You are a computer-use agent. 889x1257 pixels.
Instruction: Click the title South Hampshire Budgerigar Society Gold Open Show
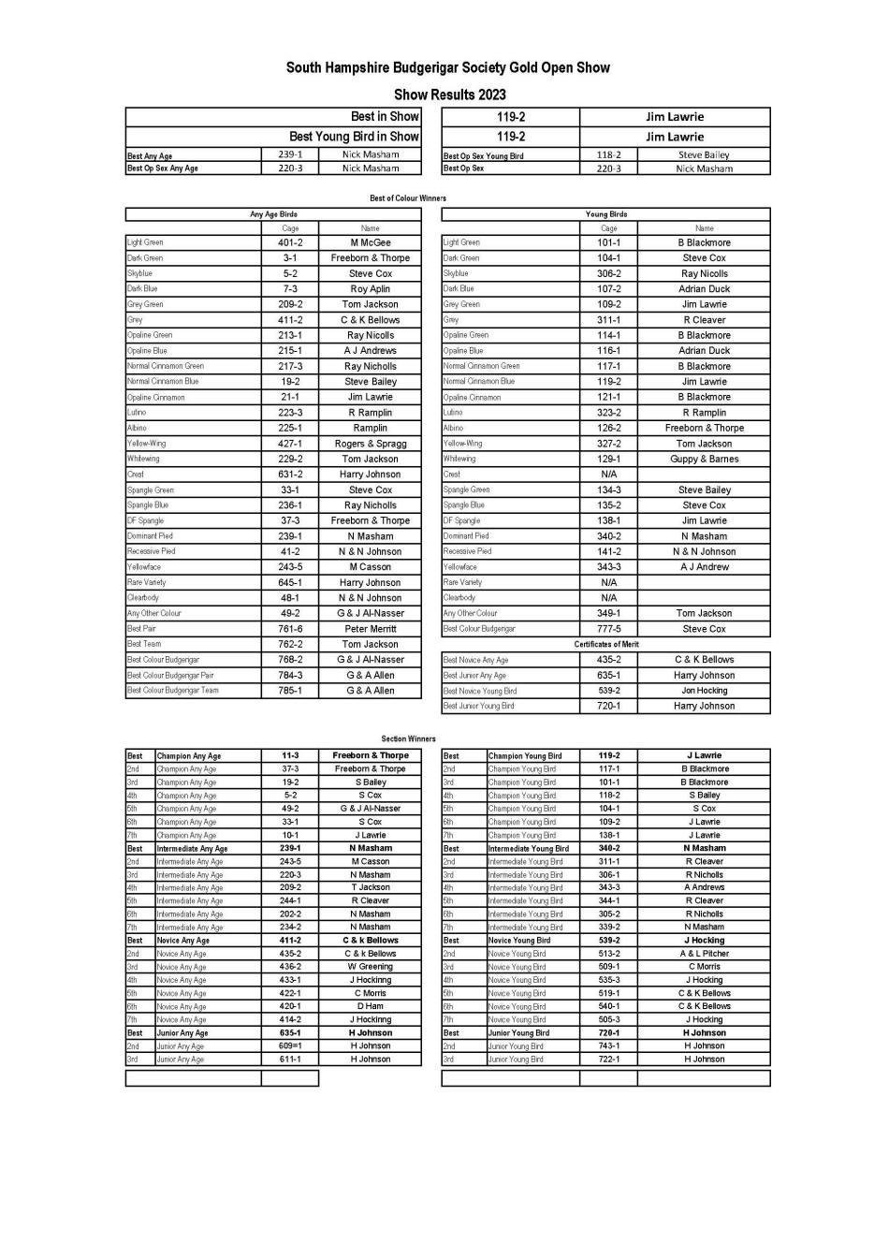(447, 67)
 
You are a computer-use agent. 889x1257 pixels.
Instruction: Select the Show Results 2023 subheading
(449, 95)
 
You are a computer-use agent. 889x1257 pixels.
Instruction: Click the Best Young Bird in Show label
(354, 137)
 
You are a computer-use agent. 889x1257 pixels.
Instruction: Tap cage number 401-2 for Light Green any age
(290, 242)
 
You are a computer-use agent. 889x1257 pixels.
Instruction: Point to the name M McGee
(370, 242)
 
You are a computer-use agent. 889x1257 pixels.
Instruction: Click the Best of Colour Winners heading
(408, 198)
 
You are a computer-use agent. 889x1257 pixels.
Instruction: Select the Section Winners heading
(408, 738)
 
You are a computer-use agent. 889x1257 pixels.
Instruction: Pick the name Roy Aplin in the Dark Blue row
(370, 289)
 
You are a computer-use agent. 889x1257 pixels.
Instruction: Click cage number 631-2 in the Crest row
(290, 475)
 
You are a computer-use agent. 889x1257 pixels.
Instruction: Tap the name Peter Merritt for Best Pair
(370, 629)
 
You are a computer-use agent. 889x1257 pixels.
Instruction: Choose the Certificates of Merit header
(605, 644)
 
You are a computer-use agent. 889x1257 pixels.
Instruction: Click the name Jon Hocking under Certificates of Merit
(704, 691)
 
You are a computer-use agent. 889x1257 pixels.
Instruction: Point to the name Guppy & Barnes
(704, 460)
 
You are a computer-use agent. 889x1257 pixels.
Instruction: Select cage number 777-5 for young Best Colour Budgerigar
(608, 629)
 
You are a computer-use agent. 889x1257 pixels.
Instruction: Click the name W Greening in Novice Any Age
(370, 967)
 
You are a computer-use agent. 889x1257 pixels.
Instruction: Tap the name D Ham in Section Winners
(370, 1006)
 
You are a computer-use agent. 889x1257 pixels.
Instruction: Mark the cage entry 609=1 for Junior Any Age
(290, 1045)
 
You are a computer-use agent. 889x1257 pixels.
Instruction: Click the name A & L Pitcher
(704, 954)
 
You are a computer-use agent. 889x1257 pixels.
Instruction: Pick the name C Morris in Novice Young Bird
(704, 967)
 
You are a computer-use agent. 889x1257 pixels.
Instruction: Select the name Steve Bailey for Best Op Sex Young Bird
(704, 155)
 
